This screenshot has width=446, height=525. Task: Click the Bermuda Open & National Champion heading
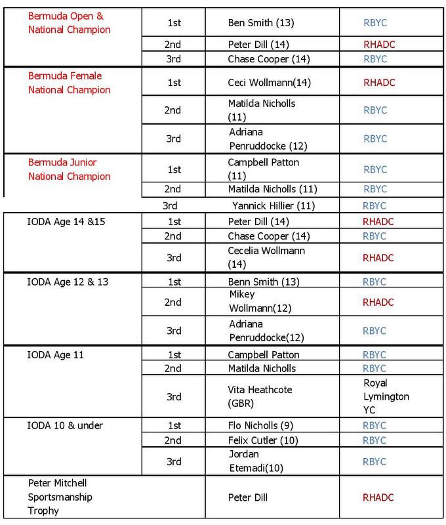tap(69, 22)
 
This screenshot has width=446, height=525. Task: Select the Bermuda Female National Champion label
tap(69, 83)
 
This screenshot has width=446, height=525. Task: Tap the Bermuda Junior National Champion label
tap(69, 169)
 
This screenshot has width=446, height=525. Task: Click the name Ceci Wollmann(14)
tap(260, 83)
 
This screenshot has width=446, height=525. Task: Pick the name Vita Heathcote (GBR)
tap(260, 396)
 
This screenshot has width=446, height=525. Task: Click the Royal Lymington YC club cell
tap(386, 396)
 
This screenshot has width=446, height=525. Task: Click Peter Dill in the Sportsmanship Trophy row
tap(249, 497)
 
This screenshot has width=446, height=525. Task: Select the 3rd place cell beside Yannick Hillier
tap(171, 205)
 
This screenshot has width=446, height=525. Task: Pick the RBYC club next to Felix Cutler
tap(375, 440)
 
